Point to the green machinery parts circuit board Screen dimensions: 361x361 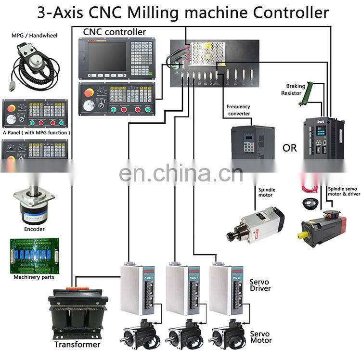point(35,256)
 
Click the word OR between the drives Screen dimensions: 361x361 point(290,148)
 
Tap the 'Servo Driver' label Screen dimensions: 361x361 point(260,285)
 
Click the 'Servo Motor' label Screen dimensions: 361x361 point(260,337)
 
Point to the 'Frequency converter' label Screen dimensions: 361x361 point(238,110)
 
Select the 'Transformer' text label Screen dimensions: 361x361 point(77,345)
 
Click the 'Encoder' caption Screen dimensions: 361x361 point(34,230)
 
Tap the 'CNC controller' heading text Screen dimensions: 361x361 point(115,32)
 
